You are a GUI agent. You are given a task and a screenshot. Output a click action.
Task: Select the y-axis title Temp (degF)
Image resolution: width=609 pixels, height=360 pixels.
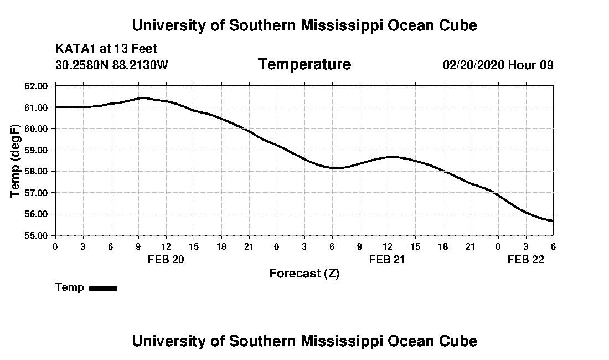(x=16, y=161)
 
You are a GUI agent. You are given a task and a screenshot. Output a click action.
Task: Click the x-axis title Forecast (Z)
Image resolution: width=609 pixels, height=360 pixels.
(x=304, y=273)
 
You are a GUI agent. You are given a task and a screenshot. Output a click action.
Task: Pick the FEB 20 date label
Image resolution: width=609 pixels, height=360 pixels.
(x=166, y=259)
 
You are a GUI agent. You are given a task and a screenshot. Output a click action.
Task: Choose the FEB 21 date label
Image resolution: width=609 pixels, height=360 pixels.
(x=388, y=259)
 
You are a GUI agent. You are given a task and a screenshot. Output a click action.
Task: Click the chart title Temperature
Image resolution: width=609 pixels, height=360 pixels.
(x=304, y=65)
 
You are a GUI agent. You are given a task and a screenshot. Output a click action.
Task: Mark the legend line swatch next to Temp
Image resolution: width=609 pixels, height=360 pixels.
(x=103, y=288)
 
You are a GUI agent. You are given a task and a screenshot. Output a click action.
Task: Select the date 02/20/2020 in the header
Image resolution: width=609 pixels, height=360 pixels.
(x=473, y=65)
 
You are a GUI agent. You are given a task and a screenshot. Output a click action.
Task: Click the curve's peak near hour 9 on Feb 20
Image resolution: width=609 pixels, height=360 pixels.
(x=143, y=98)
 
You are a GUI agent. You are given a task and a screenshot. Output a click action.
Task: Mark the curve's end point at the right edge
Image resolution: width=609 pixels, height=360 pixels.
(x=553, y=221)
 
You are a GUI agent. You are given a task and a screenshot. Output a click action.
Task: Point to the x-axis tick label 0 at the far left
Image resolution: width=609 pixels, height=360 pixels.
(x=55, y=246)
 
